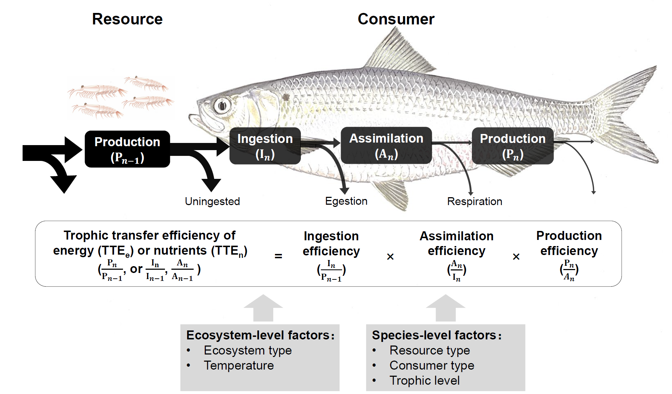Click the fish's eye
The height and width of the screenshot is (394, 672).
pyautogui.click(x=222, y=106)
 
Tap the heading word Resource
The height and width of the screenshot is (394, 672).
pyautogui.click(x=127, y=19)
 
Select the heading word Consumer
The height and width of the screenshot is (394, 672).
pyautogui.click(x=396, y=19)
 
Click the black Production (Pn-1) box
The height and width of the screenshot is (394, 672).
pyautogui.click(x=127, y=149)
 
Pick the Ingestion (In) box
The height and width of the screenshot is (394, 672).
pyautogui.click(x=265, y=146)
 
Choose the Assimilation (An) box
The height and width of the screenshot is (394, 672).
pyautogui.click(x=386, y=145)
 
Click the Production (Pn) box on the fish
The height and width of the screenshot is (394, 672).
pyautogui.click(x=513, y=146)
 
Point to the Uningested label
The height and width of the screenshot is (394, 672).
pyautogui.click(x=212, y=201)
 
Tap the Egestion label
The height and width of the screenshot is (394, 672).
pyautogui.click(x=346, y=201)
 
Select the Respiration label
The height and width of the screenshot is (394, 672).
pyautogui.click(x=475, y=201)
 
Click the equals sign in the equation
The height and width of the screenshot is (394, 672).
pyautogui.click(x=278, y=256)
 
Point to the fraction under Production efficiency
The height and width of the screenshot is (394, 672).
pyautogui.click(x=569, y=270)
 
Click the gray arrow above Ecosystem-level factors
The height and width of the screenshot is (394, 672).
pyautogui.click(x=263, y=308)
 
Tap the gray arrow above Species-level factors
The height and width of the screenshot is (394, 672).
pyautogui.click(x=446, y=308)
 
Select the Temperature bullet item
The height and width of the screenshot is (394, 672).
pyautogui.click(x=239, y=366)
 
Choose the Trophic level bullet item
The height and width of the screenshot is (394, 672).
pyautogui.click(x=425, y=381)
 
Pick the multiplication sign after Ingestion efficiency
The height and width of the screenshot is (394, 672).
pyautogui.click(x=391, y=257)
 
